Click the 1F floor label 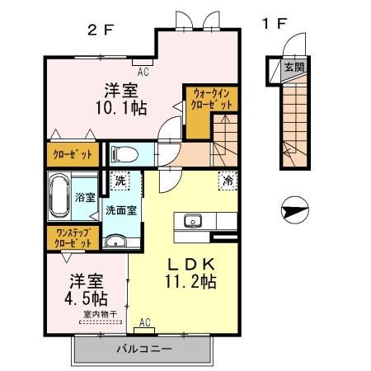pyautogui.click(x=274, y=24)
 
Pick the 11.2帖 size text pyautogui.click(x=194, y=282)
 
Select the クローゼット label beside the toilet pyautogui.click(x=74, y=154)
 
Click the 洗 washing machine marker pyautogui.click(x=120, y=179)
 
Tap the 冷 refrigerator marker pyautogui.click(x=225, y=179)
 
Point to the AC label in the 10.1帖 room pyautogui.click(x=143, y=72)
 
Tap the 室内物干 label pyautogui.click(x=100, y=313)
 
